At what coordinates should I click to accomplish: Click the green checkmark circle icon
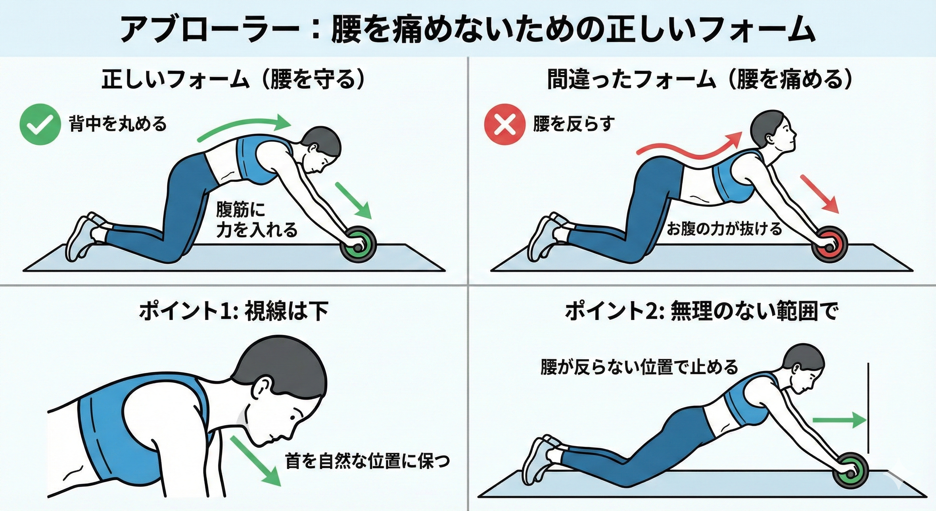pos(40,124)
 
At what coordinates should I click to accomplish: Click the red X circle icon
pos(505,124)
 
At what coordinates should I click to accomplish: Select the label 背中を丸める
pos(118,124)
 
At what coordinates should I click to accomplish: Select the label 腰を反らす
pos(574,124)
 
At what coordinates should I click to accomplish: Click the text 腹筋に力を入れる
pos(256,220)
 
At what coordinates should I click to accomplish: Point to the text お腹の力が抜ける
pos(724,229)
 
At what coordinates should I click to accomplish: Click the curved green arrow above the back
pos(243,131)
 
